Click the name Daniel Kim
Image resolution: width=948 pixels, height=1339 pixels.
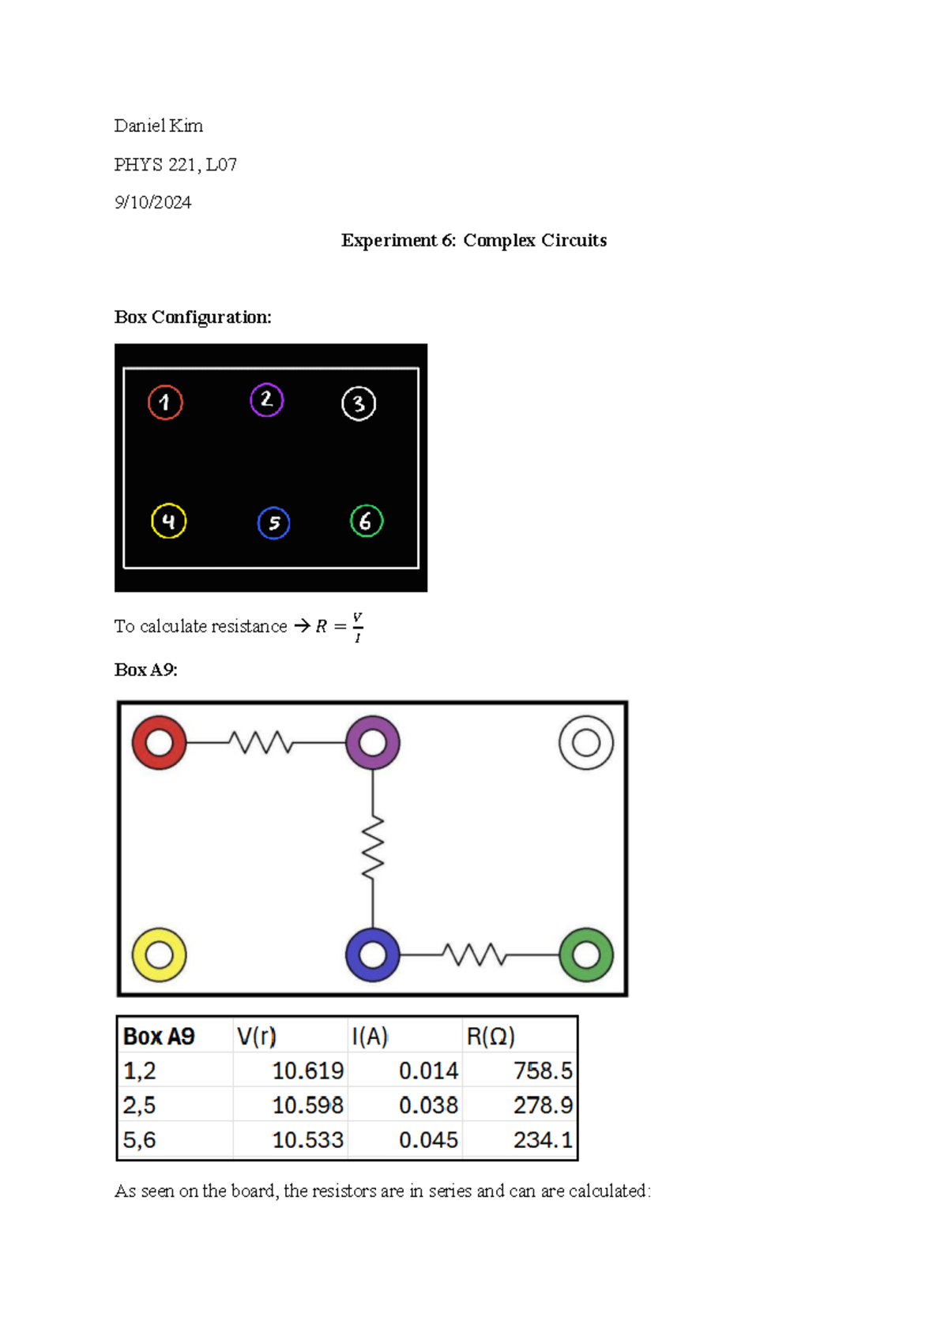(158, 126)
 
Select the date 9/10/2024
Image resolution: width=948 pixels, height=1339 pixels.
(152, 203)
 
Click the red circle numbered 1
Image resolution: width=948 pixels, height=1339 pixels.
(165, 403)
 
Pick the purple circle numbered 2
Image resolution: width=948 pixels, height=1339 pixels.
(267, 400)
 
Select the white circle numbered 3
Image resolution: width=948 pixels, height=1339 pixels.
(359, 404)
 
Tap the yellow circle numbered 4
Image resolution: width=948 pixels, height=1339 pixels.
(168, 521)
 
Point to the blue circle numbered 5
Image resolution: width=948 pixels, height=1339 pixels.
(274, 523)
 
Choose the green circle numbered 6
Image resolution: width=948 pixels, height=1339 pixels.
(367, 521)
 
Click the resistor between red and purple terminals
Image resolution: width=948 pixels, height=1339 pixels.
(261, 743)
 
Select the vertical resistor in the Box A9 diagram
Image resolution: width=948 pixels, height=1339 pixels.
(373, 848)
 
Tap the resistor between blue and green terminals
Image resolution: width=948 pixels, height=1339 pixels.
(475, 955)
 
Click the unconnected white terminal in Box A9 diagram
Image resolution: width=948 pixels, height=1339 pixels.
(586, 743)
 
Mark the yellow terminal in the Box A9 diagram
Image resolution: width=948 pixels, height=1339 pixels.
(160, 955)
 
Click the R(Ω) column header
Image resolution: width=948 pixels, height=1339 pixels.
(491, 1037)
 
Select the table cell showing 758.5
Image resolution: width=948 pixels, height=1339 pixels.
(543, 1071)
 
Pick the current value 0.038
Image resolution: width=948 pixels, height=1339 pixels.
(428, 1105)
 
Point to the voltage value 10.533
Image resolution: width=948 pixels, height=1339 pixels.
(307, 1140)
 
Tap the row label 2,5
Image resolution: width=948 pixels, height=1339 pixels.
(139, 1105)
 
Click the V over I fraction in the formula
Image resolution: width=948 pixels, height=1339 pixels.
(358, 627)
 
